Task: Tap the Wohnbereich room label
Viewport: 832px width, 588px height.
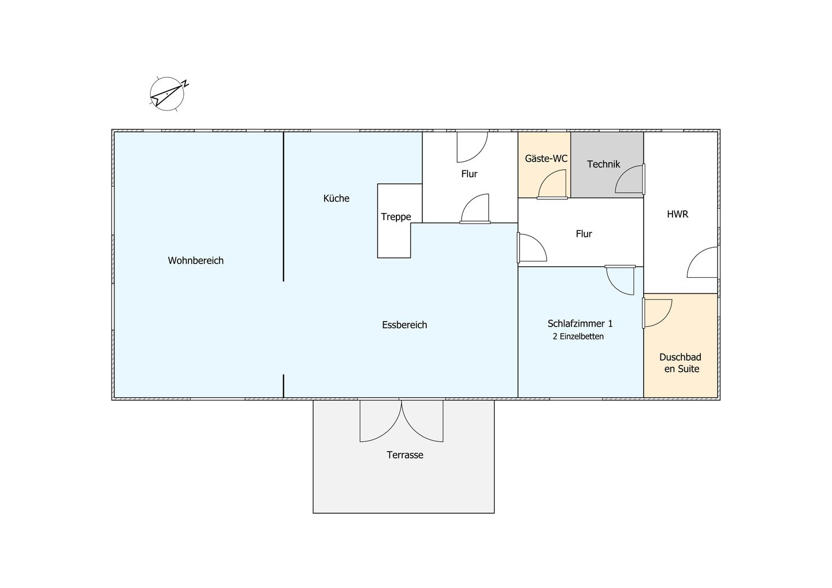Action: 196,260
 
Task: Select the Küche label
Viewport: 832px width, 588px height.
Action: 336,198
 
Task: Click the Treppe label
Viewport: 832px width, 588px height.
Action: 396,217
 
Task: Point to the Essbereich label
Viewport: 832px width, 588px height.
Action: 404,325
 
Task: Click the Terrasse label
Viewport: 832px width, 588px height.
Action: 405,455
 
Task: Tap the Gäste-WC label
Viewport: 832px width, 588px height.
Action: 546,158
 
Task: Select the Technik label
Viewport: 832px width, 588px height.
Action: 604,164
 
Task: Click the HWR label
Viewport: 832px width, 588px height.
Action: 678,214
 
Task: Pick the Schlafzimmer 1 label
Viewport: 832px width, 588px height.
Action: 580,323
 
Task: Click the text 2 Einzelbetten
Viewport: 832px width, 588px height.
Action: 578,336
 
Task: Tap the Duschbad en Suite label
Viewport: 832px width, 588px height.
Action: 681,363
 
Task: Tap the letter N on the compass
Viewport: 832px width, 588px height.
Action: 185,84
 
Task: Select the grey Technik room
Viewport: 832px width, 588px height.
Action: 607,165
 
